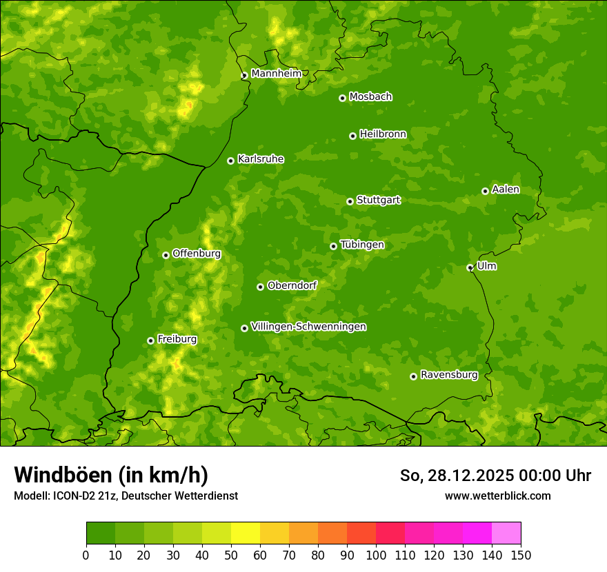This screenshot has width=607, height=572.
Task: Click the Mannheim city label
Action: coord(276,74)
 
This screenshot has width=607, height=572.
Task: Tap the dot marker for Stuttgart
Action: coord(350,201)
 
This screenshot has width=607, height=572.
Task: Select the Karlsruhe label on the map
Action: coord(261,159)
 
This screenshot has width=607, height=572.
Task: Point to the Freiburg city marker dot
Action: coord(150,340)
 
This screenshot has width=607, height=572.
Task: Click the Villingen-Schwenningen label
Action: coord(308,327)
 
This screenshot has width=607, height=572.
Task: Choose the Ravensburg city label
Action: coord(449,375)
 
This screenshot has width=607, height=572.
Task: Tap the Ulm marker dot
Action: coord(470,267)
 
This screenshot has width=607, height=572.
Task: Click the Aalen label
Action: coord(506,190)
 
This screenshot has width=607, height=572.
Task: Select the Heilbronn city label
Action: coord(383,134)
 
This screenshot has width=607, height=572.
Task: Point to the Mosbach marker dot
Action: coord(342,98)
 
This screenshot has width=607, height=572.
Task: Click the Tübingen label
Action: coord(362,245)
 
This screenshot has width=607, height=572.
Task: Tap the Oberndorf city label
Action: coord(292,285)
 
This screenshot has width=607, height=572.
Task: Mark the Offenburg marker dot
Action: coord(166,255)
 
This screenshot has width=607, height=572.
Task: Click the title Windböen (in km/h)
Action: coord(111,475)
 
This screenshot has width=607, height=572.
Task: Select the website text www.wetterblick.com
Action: coord(498,496)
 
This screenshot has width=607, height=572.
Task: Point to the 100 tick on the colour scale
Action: coord(376,555)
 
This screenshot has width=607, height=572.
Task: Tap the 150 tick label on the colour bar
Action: coord(521,555)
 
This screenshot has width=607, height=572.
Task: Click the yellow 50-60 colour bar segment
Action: coord(246,533)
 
